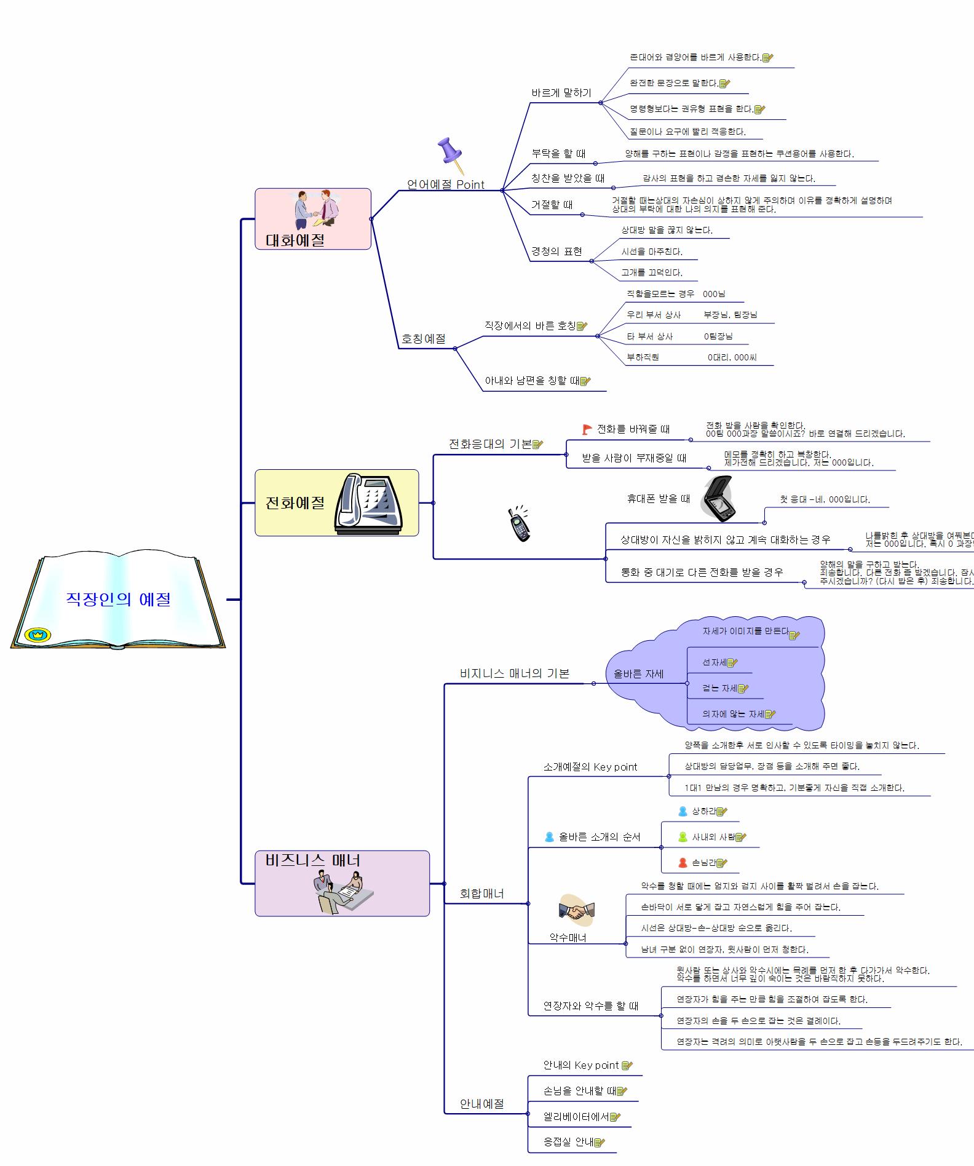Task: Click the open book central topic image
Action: coord(118,600)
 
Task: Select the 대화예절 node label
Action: coord(295,240)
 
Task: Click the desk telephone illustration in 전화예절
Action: coord(368,503)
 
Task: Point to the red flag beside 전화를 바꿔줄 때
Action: coord(587,429)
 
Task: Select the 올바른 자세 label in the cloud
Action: coord(638,674)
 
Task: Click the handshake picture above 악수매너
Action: coord(576,910)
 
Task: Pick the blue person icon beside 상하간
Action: coord(683,811)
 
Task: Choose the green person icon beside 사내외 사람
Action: coord(683,837)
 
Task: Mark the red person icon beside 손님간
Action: coord(683,863)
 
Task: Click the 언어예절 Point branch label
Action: coord(445,184)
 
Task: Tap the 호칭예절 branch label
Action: coord(423,339)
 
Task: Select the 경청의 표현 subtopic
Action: coord(556,252)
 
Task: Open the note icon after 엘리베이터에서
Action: coord(615,1117)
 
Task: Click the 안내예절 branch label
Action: coord(481,1104)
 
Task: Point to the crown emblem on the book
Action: coord(38,635)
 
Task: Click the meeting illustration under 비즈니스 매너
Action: coord(343,892)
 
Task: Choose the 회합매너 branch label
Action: coord(481,894)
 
